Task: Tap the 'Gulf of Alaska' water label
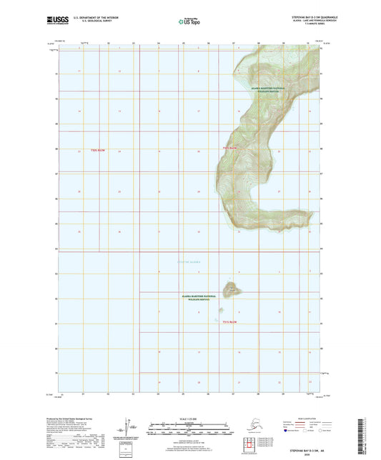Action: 189,262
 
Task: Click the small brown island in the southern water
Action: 231,289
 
